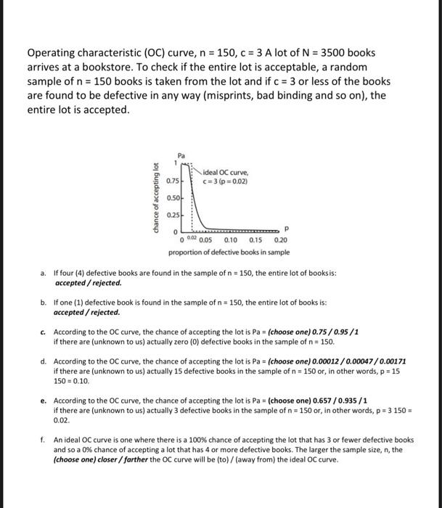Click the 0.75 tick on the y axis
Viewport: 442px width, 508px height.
coord(173,180)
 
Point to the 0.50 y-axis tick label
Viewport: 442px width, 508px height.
coord(173,197)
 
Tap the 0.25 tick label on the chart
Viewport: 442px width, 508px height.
coord(173,215)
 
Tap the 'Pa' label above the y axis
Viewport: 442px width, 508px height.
coord(181,155)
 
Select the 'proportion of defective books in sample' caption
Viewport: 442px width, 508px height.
coord(229,253)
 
